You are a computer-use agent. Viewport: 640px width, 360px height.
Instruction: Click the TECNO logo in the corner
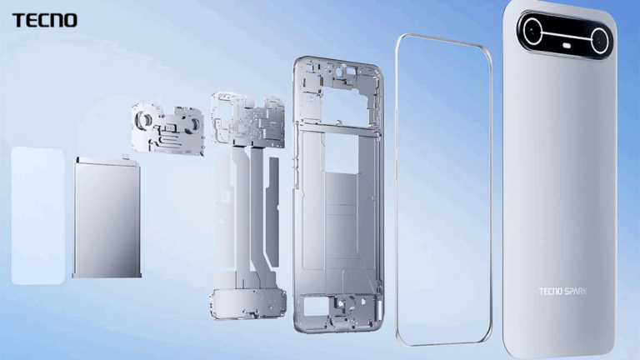pos(44,20)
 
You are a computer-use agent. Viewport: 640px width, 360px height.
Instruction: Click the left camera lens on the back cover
pos(532,33)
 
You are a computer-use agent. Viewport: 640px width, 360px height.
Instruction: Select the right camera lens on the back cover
pos(600,38)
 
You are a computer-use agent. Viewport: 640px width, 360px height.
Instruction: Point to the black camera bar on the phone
pos(565,36)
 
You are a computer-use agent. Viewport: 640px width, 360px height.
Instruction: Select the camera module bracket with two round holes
pos(169,129)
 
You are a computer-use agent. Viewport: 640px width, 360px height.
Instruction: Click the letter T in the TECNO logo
pos(17,20)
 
